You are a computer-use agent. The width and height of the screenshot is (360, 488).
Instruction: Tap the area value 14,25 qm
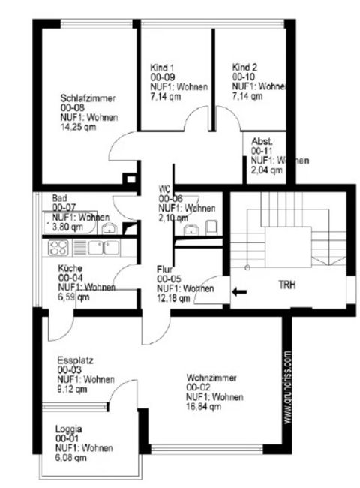(x=79, y=127)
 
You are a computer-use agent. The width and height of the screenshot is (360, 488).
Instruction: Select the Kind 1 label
(x=161, y=67)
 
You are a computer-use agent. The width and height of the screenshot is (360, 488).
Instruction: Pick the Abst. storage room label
(x=262, y=141)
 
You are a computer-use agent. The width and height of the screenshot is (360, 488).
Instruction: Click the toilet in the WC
(x=211, y=227)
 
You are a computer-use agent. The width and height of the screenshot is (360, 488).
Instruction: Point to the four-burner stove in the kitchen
(x=58, y=246)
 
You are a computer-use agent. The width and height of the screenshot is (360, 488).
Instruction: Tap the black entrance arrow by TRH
(x=239, y=293)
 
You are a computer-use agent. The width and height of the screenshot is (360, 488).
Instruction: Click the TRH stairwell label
(x=287, y=286)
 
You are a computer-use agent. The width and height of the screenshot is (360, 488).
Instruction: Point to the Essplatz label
(x=73, y=369)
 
